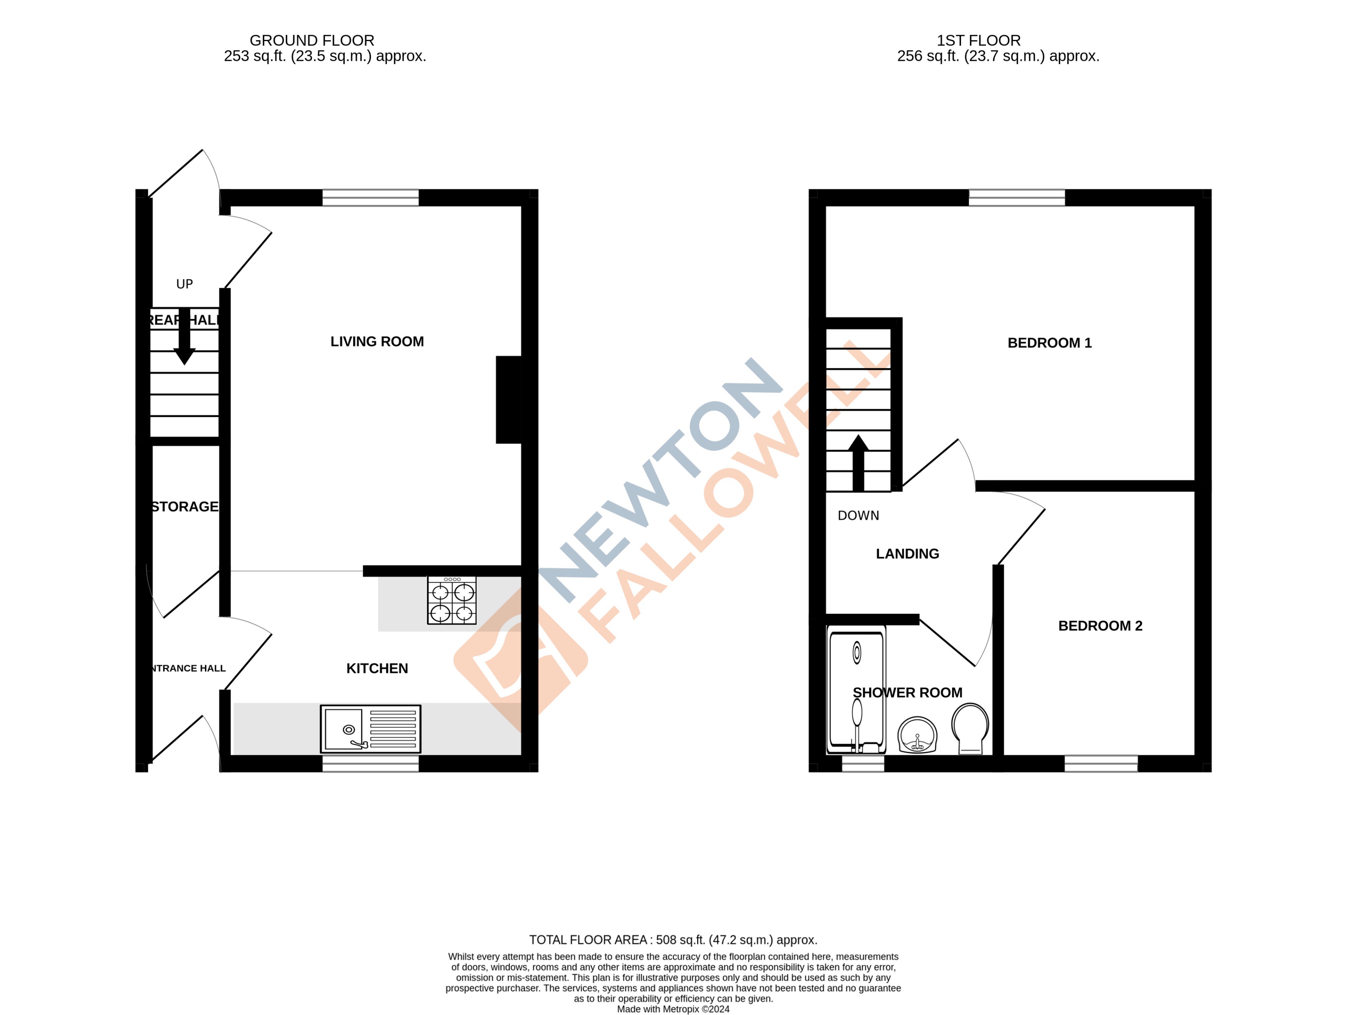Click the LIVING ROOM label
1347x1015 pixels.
[x=377, y=342]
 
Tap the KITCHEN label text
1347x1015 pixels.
[x=377, y=669]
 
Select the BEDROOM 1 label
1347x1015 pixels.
[x=1049, y=343]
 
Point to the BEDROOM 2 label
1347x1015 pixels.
[x=1100, y=626]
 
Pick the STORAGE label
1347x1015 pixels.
[x=185, y=507]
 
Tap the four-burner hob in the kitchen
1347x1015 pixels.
[x=452, y=601]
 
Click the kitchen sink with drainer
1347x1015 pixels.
[x=370, y=729]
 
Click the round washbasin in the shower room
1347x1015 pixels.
[x=917, y=735]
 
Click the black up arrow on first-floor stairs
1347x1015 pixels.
[x=858, y=463]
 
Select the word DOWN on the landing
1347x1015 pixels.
[x=858, y=516]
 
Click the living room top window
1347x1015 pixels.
[x=370, y=198]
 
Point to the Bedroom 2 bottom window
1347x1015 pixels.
[x=1100, y=764]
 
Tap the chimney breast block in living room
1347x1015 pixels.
[x=508, y=400]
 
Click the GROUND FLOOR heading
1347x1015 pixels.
[x=312, y=41]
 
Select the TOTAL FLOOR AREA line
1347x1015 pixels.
[x=673, y=940]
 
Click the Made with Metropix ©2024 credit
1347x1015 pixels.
[x=673, y=1009]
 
